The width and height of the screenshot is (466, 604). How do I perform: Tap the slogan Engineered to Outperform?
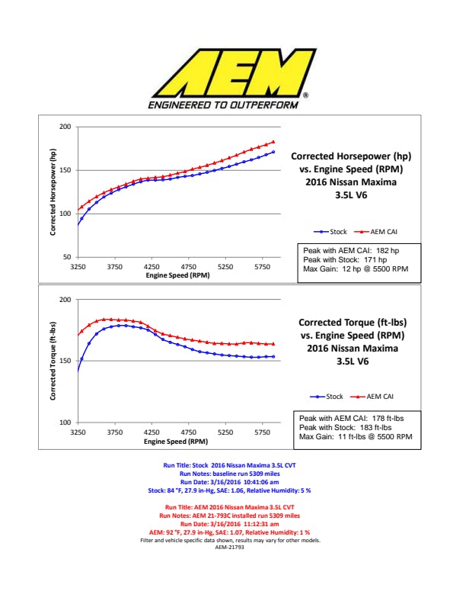click(223, 104)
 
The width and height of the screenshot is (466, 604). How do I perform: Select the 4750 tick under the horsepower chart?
click(188, 268)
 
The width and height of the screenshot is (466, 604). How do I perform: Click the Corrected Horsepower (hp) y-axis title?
click(54, 191)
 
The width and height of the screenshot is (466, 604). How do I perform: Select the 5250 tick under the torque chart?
click(225, 432)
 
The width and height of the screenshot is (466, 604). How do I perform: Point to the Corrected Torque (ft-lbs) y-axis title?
click(54, 361)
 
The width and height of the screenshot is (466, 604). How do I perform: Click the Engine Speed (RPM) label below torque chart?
click(176, 441)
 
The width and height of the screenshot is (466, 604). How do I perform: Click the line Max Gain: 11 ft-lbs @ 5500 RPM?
click(356, 437)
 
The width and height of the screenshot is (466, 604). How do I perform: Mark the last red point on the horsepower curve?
click(273, 142)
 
